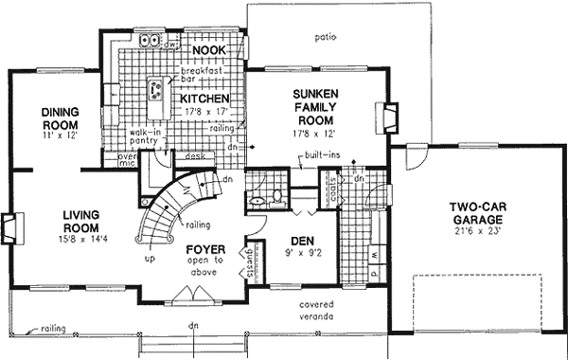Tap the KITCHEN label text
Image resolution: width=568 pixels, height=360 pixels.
[203, 98]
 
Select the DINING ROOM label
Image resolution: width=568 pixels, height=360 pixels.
[59, 117]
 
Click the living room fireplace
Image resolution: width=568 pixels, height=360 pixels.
[8, 228]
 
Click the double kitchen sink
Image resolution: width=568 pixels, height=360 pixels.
[150, 41]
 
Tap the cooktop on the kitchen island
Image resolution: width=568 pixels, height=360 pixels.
[153, 91]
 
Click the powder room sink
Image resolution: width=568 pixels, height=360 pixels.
[255, 200]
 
